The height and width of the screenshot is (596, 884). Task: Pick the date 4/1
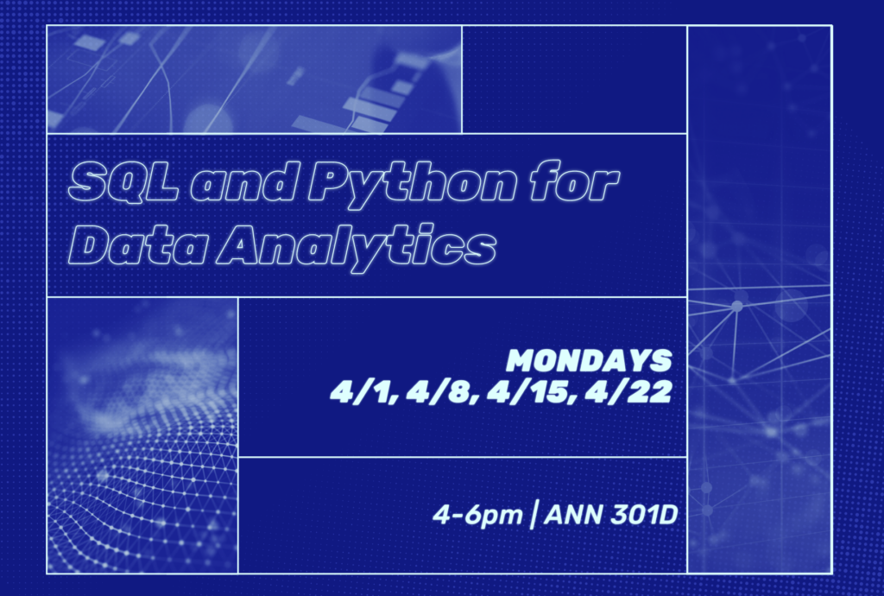pyautogui.click(x=357, y=393)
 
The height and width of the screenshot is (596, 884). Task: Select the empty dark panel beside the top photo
pyautogui.click(x=574, y=79)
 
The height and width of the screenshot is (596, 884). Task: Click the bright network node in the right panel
pyautogui.click(x=736, y=306)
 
